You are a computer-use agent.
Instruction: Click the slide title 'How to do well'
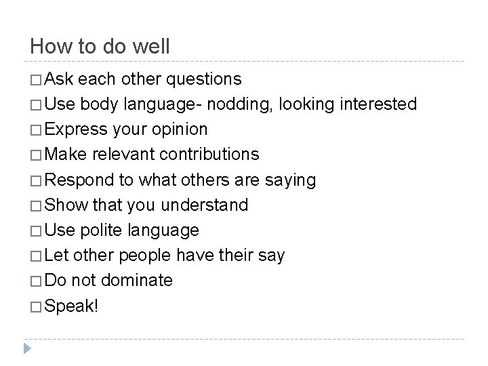(100, 47)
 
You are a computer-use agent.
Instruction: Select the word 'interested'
(378, 104)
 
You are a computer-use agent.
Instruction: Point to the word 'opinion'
(180, 129)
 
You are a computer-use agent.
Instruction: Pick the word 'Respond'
(84, 180)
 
